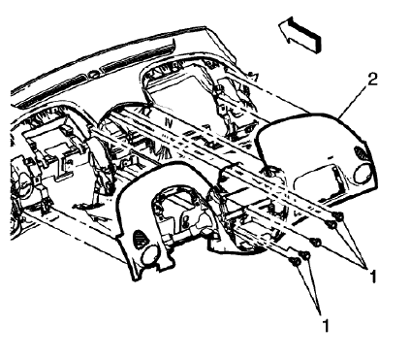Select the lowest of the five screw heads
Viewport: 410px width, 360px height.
(293, 260)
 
